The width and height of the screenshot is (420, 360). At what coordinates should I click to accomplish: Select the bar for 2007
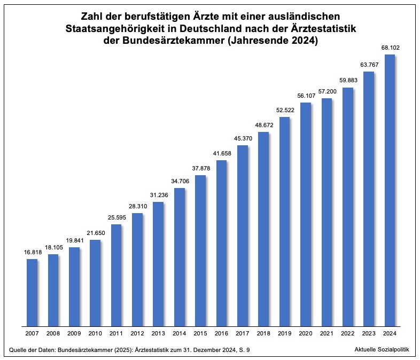click(32, 292)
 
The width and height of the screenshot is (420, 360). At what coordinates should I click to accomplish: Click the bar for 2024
click(390, 190)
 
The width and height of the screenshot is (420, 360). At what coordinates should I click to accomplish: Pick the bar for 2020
click(306, 214)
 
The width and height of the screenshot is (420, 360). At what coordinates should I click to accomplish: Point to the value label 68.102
click(390, 48)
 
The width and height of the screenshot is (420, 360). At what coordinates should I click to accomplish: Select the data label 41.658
click(221, 154)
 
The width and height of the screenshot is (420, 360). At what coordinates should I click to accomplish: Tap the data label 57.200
click(326, 92)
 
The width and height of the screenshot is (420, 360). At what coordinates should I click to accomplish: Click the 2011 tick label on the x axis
click(116, 333)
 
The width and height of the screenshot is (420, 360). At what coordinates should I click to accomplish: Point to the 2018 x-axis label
click(263, 333)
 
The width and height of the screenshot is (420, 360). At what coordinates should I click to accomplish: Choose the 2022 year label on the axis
click(348, 333)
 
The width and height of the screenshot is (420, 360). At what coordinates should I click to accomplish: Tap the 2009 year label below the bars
click(74, 333)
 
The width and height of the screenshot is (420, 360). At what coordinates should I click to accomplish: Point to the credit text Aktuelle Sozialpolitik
click(382, 349)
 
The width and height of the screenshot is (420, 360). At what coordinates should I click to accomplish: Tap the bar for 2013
click(158, 264)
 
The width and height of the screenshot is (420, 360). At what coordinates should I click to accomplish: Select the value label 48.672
click(263, 126)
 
